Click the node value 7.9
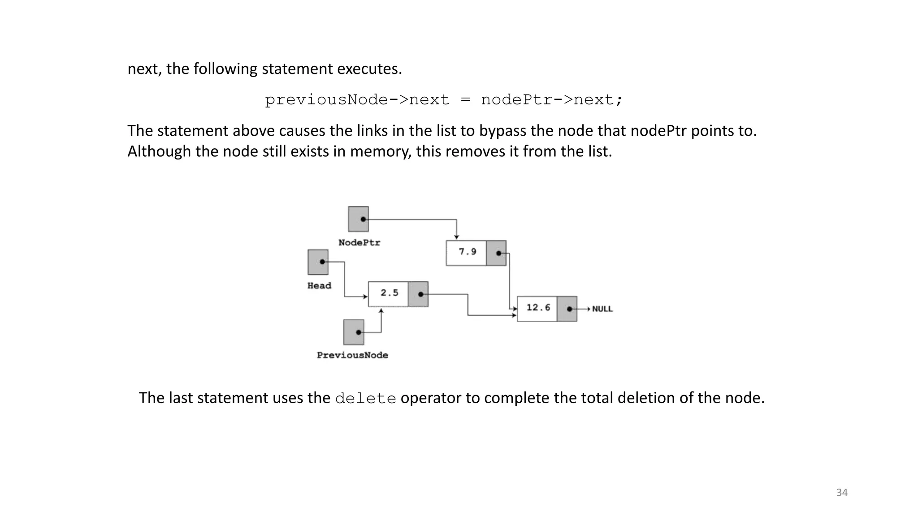(467, 252)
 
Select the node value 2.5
(389, 293)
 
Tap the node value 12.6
(538, 308)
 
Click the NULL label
(602, 309)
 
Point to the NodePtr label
(359, 243)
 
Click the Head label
(319, 286)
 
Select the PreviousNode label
(352, 355)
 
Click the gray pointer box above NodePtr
(358, 219)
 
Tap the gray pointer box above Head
(318, 262)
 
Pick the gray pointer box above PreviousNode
(354, 332)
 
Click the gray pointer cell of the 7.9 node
(496, 253)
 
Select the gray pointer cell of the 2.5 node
(418, 294)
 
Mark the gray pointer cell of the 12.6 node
(567, 309)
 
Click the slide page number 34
(842, 493)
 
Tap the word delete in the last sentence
(365, 398)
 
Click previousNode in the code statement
(326, 100)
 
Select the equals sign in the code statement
(465, 100)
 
